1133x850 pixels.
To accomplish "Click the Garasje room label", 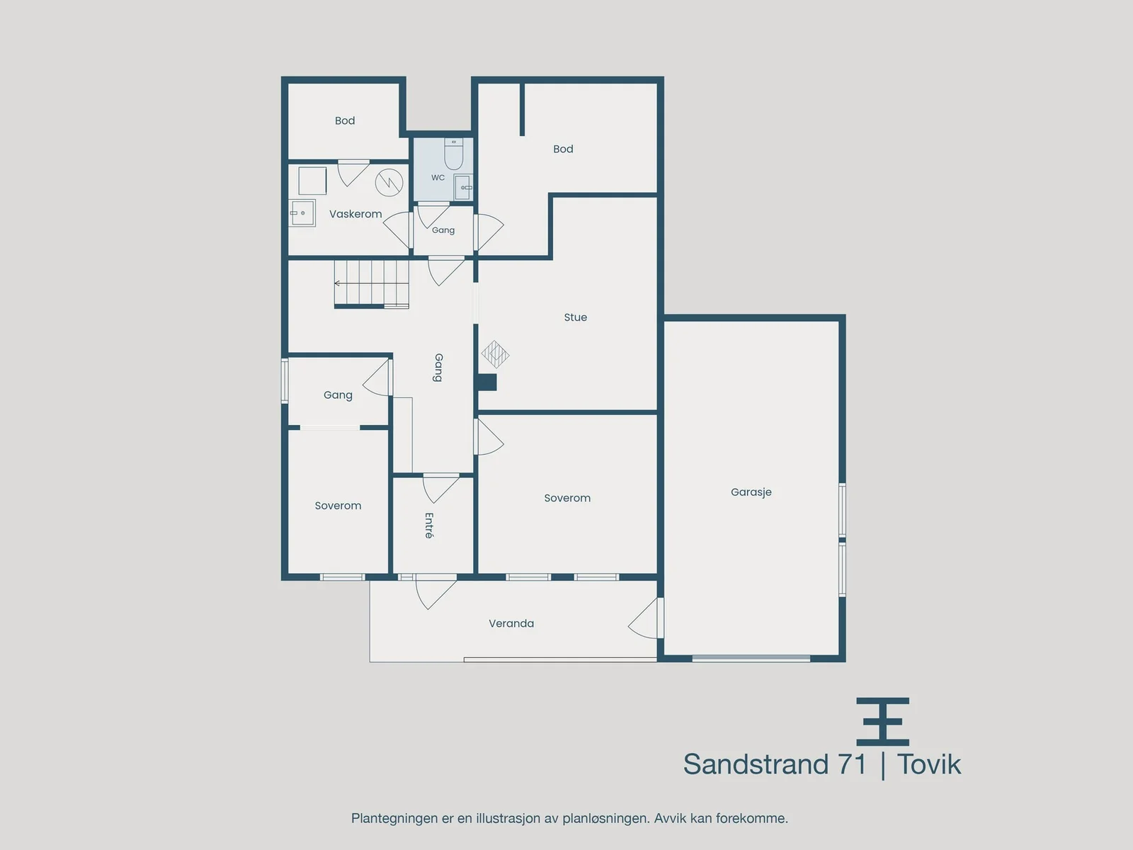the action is coord(751,492).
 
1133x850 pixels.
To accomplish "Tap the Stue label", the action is coord(576,317).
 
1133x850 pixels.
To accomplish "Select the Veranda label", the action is coord(511,623).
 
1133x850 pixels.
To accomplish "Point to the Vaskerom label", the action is coord(355,214).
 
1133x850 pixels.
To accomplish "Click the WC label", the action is coord(438,178).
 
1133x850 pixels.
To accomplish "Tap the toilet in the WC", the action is coord(454,153).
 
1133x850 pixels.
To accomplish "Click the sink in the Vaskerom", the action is coord(302,213).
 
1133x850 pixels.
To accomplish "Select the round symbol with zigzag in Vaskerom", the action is coord(389,182).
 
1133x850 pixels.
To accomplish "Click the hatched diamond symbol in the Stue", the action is coord(495,355).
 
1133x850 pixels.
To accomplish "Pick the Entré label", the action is coord(428,526).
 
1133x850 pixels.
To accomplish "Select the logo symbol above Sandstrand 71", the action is coord(882,722).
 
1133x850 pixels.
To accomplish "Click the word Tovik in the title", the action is coord(929,764).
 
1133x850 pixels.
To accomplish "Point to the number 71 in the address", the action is coord(852,764).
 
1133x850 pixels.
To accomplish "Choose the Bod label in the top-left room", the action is coord(345,120).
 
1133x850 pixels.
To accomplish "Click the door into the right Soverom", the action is coord(489,436).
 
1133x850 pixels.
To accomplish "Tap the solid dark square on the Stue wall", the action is coord(486,382).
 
